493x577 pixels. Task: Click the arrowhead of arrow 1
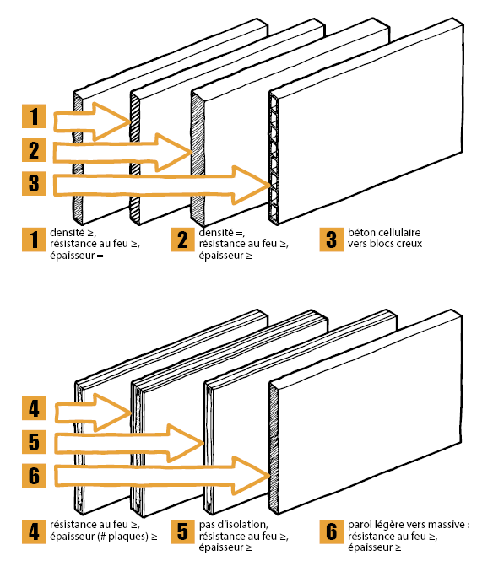tap(111, 121)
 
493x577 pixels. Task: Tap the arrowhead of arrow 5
tap(187, 443)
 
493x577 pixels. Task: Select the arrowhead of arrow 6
tap(252, 476)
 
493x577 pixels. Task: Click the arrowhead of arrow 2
tap(174, 153)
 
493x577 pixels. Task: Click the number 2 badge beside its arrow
tap(34, 150)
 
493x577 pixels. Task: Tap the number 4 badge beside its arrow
tap(34, 408)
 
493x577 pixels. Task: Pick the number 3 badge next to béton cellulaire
tap(332, 240)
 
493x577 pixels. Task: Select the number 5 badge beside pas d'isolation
tap(182, 531)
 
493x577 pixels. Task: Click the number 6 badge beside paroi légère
tap(332, 531)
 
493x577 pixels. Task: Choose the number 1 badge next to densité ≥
tap(34, 240)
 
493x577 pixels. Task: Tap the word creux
tap(409, 244)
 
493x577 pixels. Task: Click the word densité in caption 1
tap(68, 233)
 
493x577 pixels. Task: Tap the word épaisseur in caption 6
tap(370, 548)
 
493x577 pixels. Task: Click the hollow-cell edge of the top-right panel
tap(274, 159)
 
